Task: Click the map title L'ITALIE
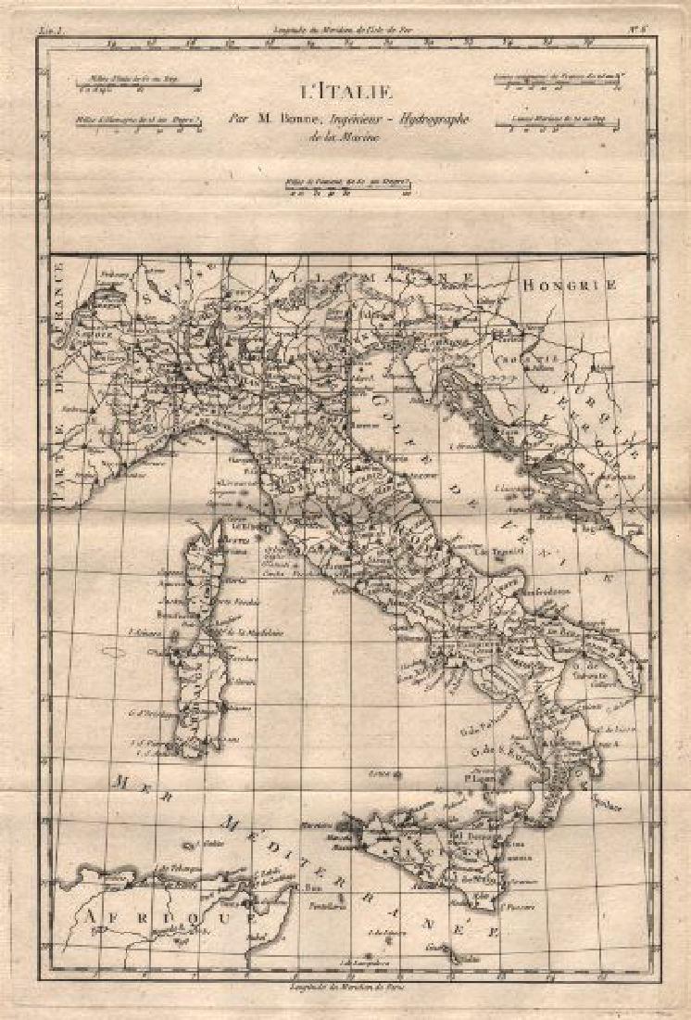pos(345,91)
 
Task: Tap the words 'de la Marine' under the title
pos(345,138)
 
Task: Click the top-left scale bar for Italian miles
pos(139,87)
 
